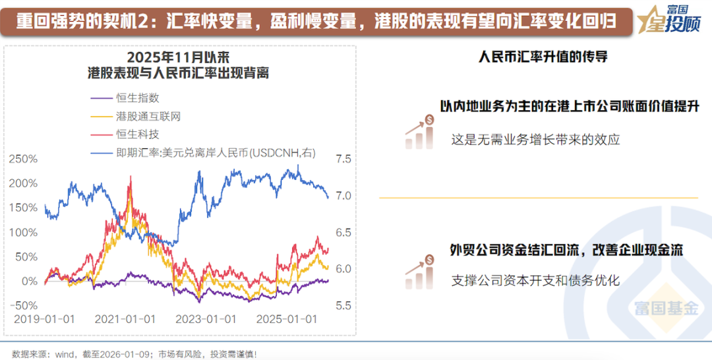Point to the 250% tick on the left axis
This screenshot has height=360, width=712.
pyautogui.click(x=23, y=159)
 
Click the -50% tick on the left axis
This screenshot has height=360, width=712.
pyautogui.click(x=23, y=305)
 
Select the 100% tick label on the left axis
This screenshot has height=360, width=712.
pyautogui.click(x=23, y=232)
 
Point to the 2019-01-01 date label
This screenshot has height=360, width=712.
pyautogui.click(x=45, y=319)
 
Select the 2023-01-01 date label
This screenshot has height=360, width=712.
pyautogui.click(x=206, y=319)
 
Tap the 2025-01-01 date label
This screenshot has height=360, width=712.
pyautogui.click(x=286, y=319)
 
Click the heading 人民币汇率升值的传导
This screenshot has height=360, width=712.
pyautogui.click(x=543, y=57)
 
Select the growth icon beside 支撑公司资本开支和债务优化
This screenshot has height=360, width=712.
pyautogui.click(x=419, y=272)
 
